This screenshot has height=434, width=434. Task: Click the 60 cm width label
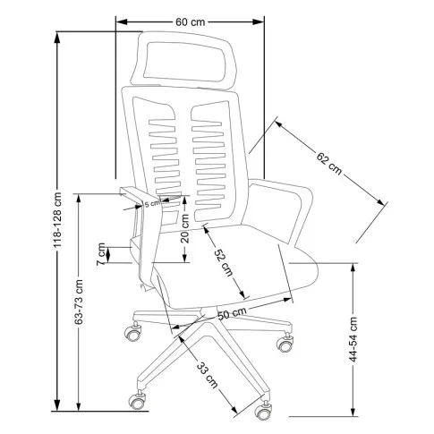coord(190,22)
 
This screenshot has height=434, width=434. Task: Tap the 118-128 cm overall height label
coord(57,220)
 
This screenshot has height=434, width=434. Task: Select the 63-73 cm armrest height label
coord(79,302)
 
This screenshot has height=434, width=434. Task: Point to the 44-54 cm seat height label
coord(353,339)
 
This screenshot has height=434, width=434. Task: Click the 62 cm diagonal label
coord(329,163)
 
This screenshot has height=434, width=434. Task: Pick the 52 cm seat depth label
coord(224,262)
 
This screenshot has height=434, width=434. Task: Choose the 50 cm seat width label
coord(232,313)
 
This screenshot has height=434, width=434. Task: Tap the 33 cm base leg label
coord(208,375)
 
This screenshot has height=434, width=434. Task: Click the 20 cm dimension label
coord(185,228)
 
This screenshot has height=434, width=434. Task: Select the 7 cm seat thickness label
coord(101,254)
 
